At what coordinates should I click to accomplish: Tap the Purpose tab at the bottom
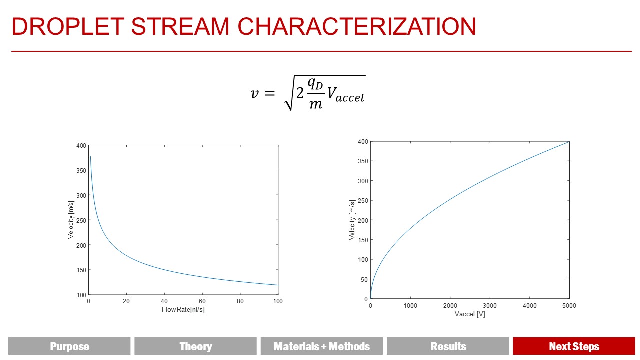pyautogui.click(x=69, y=346)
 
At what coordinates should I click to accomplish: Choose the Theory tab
pyautogui.click(x=195, y=346)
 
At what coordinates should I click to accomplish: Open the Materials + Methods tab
pyautogui.click(x=322, y=346)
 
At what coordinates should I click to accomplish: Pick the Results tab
pyautogui.click(x=448, y=346)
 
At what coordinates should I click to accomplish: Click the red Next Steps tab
pyautogui.click(x=574, y=346)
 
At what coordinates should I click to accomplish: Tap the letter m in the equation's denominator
pyautogui.click(x=316, y=104)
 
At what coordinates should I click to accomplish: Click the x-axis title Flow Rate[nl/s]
pyautogui.click(x=183, y=310)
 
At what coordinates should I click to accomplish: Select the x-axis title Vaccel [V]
pyautogui.click(x=470, y=314)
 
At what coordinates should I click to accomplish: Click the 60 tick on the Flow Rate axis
pyautogui.click(x=202, y=301)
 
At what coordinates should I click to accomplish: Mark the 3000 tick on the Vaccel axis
pyautogui.click(x=490, y=306)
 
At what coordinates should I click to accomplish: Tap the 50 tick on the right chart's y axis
pyautogui.click(x=363, y=279)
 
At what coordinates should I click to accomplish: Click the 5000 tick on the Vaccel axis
pyautogui.click(x=569, y=306)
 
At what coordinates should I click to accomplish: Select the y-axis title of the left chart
pyautogui.click(x=71, y=220)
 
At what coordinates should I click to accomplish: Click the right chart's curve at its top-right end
pyautogui.click(x=568, y=142)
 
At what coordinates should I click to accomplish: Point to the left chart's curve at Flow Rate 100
pyautogui.click(x=277, y=285)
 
